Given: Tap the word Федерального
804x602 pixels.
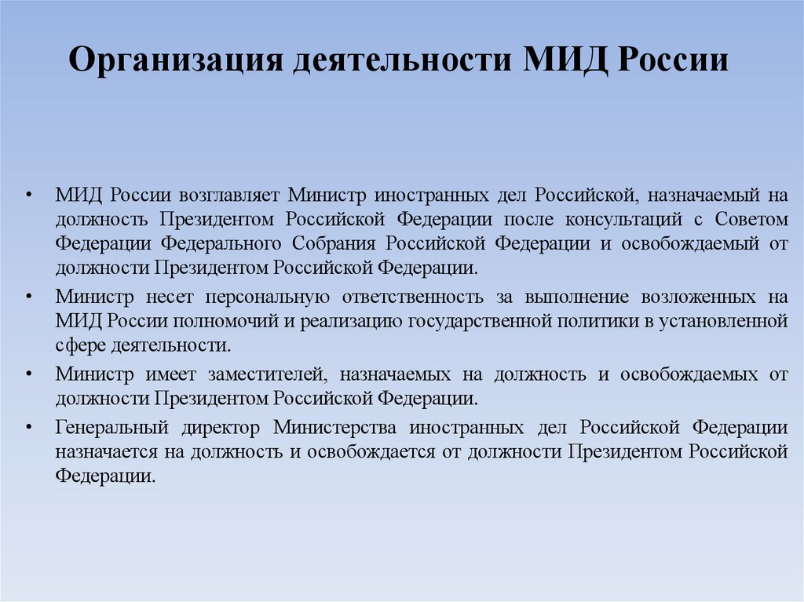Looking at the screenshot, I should pos(219,243).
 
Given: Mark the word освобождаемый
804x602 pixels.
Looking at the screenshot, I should pos(690,243).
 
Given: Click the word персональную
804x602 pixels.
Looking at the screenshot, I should pos(261,297).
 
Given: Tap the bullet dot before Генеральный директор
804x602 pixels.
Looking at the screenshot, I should pos(28,428).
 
